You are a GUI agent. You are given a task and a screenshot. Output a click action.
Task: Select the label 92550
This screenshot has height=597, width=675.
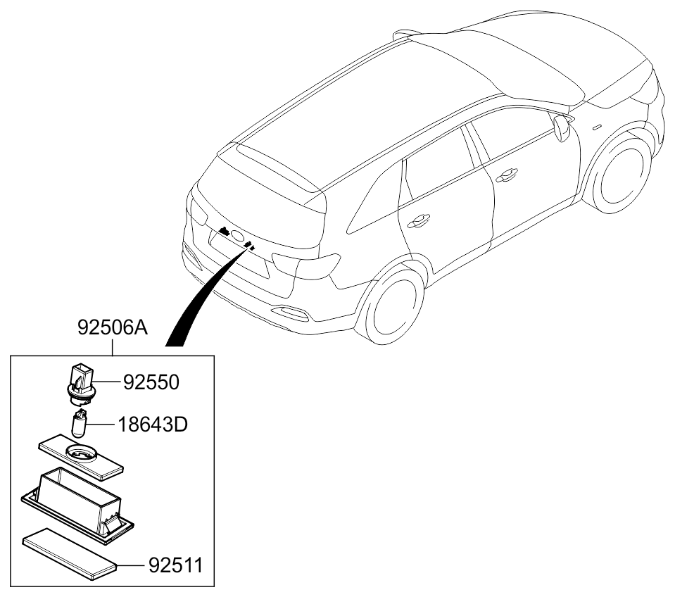click(x=151, y=383)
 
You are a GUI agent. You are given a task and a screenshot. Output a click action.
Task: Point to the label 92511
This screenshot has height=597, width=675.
click(x=175, y=565)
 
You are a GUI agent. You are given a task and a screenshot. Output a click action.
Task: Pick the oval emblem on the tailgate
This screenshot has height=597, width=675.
click(x=237, y=237)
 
